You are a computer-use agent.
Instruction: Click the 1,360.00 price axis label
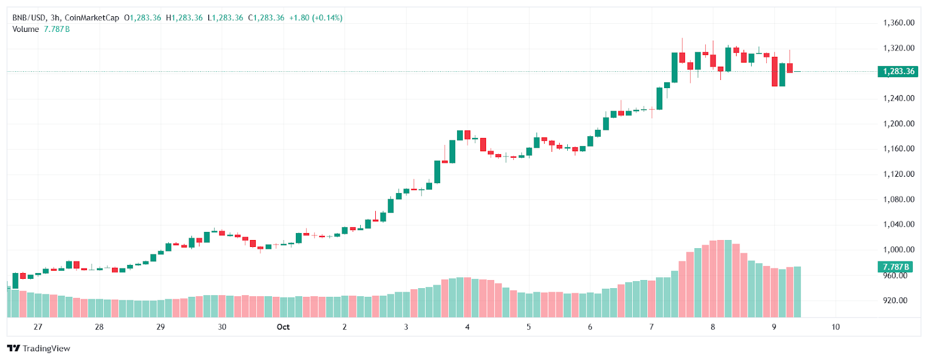coord(898,23)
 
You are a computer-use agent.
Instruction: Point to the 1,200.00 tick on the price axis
coord(898,123)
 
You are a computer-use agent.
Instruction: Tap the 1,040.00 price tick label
coord(898,224)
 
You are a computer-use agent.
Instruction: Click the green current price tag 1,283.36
coord(898,71)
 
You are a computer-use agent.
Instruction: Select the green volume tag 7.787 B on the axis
coord(896,267)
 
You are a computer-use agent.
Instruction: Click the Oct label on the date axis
coord(283,327)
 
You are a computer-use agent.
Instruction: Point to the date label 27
coord(38,327)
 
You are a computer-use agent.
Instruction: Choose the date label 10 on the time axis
coord(835,327)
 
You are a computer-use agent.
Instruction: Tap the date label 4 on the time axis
coord(467,327)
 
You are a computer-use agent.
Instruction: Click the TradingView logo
coord(38,348)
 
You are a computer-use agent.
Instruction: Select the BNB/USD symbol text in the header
coord(30,18)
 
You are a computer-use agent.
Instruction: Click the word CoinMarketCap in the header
coord(92,18)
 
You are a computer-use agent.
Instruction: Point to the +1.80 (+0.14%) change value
coord(316,18)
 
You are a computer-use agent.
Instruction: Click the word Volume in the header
coord(26,29)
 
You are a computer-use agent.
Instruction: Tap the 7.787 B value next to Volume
coord(57,29)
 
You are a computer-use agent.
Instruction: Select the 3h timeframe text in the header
coord(55,18)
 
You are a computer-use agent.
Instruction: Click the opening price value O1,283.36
coord(143,18)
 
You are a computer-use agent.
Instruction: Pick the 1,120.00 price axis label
coord(898,174)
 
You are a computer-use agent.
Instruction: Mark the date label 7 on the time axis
coord(651,327)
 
